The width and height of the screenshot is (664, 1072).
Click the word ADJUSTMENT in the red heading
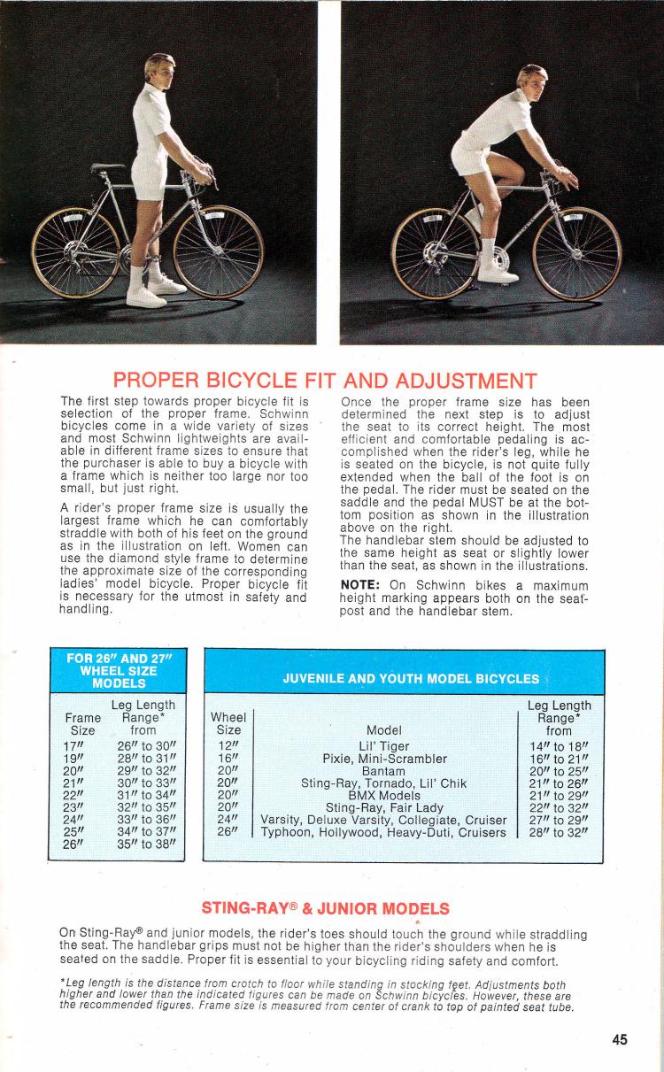click(452, 382)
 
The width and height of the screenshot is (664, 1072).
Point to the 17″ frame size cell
click(76, 746)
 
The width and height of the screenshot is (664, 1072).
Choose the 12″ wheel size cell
click(228, 746)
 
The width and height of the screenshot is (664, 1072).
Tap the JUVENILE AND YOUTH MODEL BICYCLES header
click(410, 679)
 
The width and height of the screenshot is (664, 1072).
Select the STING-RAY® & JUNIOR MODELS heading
click(325, 908)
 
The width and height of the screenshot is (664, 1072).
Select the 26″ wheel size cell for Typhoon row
click(228, 832)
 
